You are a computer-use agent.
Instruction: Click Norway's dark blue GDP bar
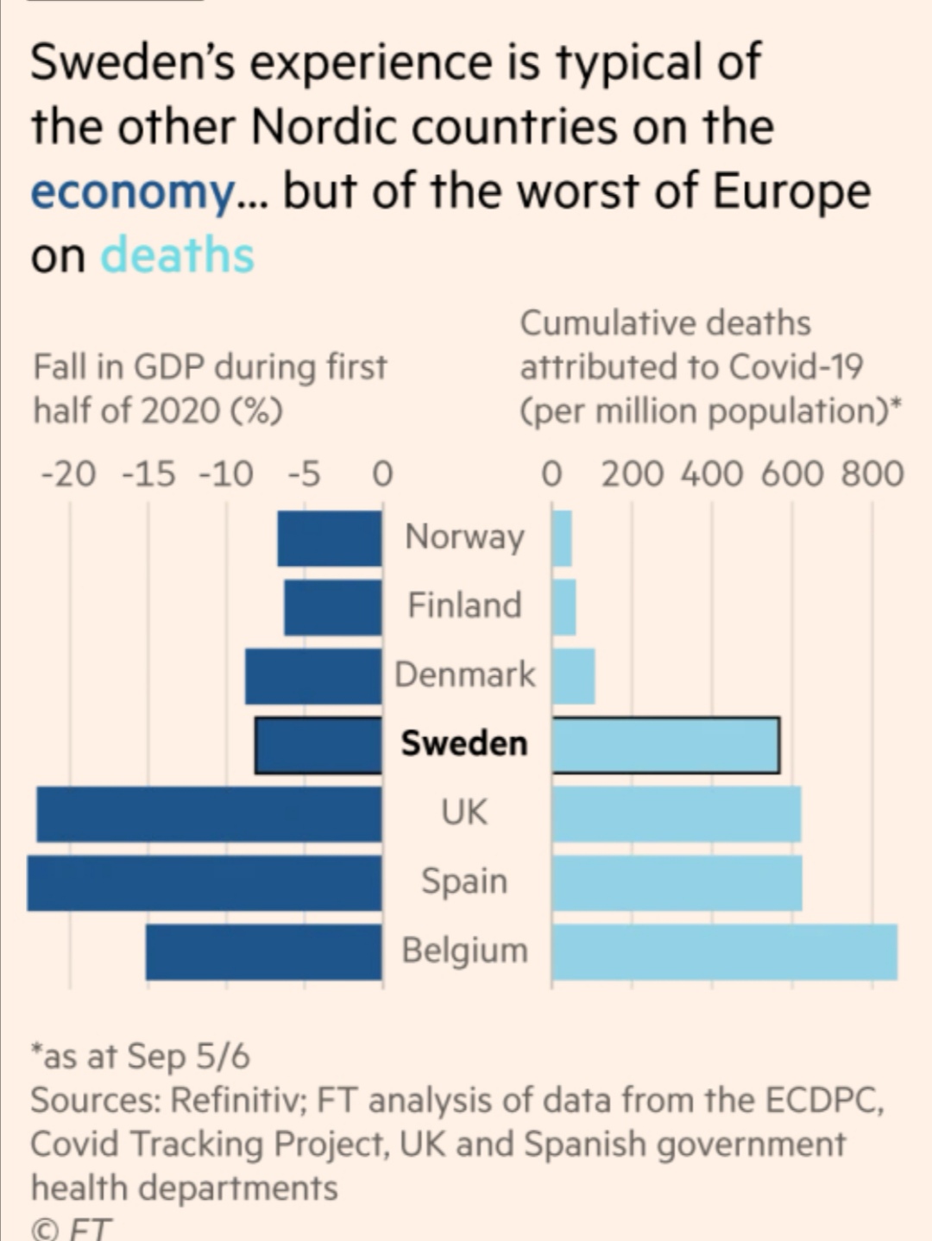click(330, 538)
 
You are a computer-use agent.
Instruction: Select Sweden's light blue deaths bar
click(665, 745)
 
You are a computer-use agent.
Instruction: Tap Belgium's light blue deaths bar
click(724, 952)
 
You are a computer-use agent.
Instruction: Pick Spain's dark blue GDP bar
click(205, 883)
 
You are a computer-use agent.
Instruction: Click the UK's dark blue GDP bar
click(209, 814)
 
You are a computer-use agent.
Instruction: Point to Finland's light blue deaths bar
click(564, 607)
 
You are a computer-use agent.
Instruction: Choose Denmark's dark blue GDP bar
click(313, 676)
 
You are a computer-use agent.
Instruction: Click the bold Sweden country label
click(464, 743)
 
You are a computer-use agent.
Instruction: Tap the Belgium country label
click(464, 950)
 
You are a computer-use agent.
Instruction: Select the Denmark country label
click(464, 674)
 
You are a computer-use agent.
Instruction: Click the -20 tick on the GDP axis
click(69, 473)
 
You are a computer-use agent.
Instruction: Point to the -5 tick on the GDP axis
click(304, 473)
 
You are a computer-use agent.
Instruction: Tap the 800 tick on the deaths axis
click(872, 473)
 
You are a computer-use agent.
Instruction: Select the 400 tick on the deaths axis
click(711, 473)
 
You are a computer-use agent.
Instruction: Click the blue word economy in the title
click(132, 191)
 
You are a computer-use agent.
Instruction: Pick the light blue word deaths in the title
click(178, 256)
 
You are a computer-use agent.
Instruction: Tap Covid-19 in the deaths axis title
click(796, 367)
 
